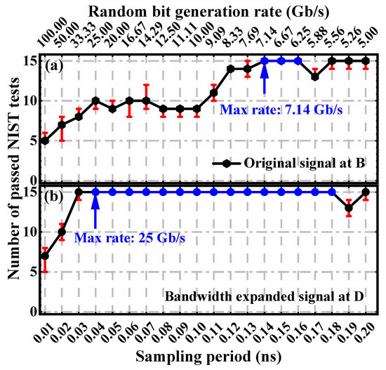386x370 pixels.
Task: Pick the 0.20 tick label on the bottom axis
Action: click(x=366, y=330)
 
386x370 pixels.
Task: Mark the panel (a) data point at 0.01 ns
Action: click(x=45, y=140)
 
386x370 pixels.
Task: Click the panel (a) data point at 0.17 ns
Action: click(x=315, y=77)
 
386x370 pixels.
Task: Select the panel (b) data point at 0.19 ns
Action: click(x=349, y=208)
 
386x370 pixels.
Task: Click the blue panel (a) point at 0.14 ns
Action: click(x=265, y=60)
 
